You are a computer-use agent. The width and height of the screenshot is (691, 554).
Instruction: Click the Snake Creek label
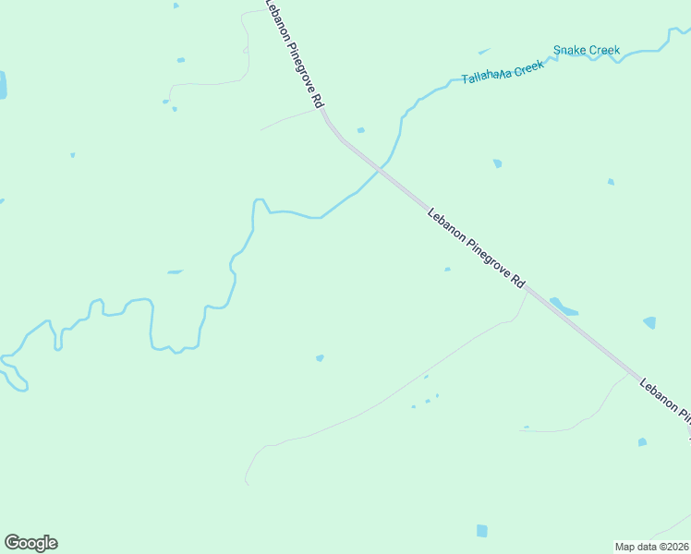point(587,50)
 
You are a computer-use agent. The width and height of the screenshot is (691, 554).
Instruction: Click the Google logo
point(30,543)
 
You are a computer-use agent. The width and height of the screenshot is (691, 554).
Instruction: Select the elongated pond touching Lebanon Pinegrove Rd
point(564,306)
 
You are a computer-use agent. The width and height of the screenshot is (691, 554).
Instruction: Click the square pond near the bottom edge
point(481,531)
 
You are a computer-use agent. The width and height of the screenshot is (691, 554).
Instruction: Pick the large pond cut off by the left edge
point(2,85)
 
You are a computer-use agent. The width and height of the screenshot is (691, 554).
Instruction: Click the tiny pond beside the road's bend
point(360,130)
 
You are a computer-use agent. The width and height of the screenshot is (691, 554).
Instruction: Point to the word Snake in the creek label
point(568,51)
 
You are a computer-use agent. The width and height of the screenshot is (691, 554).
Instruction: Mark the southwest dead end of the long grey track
point(247,483)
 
